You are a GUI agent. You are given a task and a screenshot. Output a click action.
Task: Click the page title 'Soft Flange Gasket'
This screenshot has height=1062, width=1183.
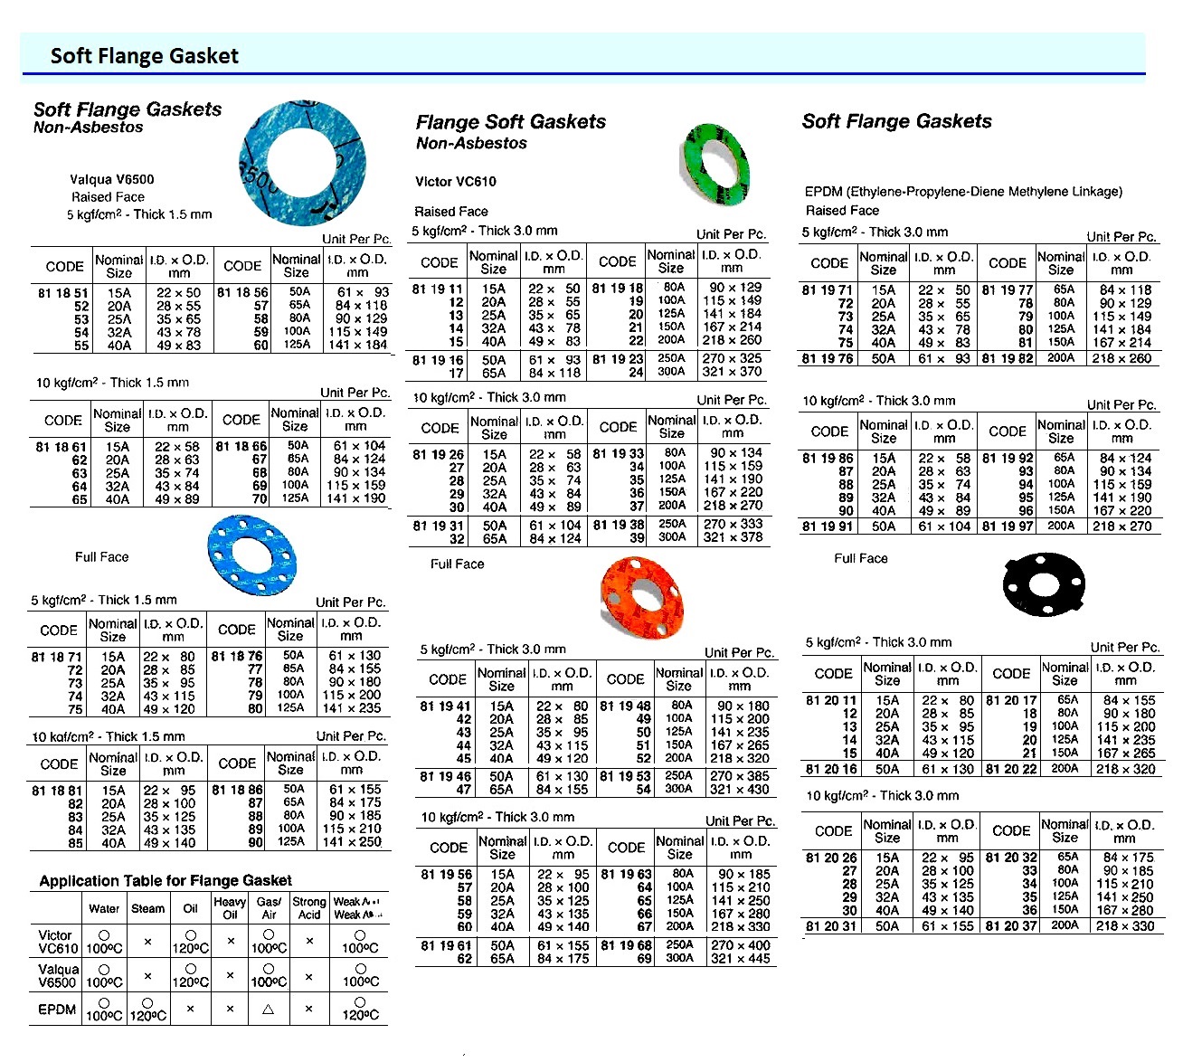coord(145,56)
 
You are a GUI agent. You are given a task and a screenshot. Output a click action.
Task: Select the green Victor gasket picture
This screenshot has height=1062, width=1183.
coord(715,162)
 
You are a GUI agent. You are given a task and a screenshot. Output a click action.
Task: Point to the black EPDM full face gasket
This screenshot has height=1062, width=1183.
coord(1043,585)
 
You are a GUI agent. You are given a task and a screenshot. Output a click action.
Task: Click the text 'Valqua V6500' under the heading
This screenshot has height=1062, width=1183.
coord(112,179)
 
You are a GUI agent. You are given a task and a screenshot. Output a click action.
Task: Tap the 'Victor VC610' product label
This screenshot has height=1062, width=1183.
coord(456,182)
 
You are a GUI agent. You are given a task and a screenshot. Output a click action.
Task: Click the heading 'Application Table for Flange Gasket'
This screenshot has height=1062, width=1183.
coord(166,880)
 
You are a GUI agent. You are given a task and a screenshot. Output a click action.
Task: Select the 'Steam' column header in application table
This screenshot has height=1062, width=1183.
coord(147,908)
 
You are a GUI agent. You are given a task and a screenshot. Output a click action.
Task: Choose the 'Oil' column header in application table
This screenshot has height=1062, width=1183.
coord(190,908)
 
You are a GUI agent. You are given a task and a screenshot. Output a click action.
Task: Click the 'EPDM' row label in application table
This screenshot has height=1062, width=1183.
coord(57,1009)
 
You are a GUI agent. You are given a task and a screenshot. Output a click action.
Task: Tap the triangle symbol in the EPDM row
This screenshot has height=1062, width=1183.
coord(268,1009)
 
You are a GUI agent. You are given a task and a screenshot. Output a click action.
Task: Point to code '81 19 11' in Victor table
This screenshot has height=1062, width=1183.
coord(438,289)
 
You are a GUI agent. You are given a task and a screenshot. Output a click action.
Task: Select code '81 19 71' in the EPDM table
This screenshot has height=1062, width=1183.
coord(827,290)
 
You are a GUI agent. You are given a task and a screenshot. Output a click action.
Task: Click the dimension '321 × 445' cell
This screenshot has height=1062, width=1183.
coord(740,958)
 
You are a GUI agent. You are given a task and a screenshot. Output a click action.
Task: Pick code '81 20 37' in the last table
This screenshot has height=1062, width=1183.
coord(1011,925)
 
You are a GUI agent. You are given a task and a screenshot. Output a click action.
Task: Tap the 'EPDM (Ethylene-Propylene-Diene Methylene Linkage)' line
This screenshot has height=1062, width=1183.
coord(963,192)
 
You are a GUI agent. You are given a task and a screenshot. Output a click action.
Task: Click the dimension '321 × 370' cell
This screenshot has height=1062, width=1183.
coord(732,372)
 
